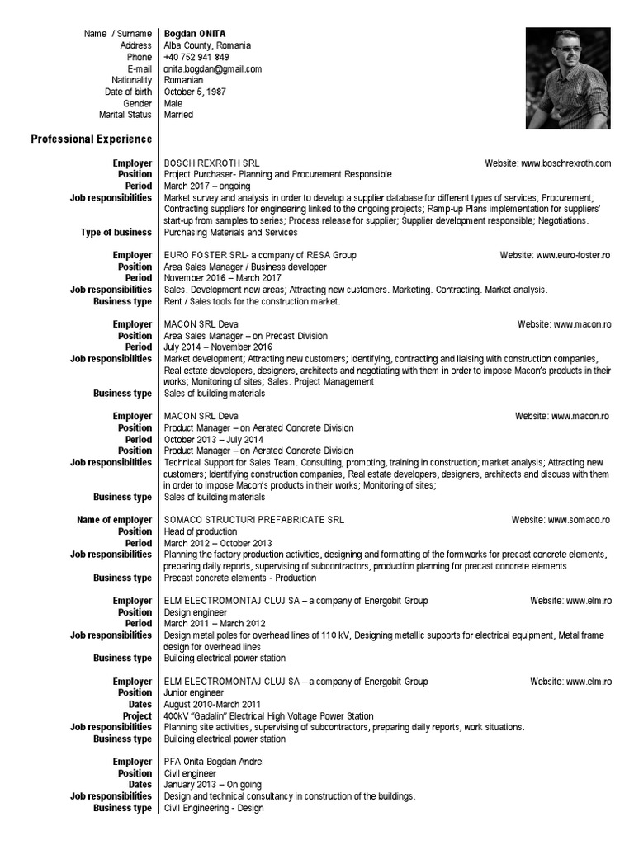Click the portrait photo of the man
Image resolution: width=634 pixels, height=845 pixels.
click(567, 78)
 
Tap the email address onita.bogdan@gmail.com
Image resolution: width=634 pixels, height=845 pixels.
click(213, 69)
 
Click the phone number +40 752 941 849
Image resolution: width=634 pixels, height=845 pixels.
click(196, 58)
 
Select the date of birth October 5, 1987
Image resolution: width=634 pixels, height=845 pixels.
click(195, 92)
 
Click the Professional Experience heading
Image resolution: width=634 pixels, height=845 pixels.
click(92, 139)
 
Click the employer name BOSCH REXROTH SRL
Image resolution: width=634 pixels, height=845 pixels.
click(211, 163)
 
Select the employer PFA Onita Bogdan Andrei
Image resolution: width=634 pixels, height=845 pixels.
click(214, 762)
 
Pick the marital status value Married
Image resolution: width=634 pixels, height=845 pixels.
click(178, 116)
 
